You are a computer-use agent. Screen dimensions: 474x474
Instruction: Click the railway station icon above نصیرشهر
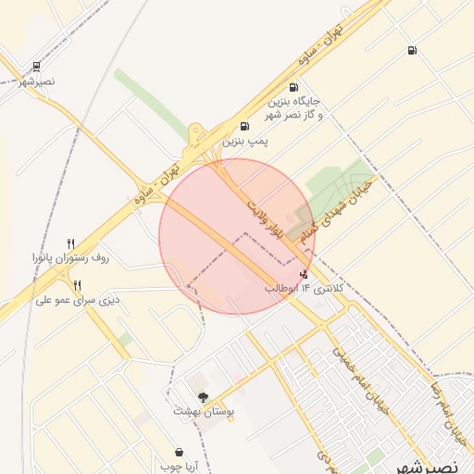(x=36, y=67)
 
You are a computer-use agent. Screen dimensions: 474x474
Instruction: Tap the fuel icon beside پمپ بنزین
(x=244, y=126)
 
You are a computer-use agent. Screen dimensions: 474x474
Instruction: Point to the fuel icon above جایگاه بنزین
(x=293, y=87)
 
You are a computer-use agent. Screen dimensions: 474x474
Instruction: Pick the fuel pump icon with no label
(x=411, y=50)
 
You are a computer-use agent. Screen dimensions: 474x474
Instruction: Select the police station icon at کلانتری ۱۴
(x=305, y=275)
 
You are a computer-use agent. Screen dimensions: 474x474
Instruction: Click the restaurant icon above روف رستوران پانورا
(x=70, y=243)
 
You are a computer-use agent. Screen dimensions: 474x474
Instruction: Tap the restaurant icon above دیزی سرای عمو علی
(x=78, y=285)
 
